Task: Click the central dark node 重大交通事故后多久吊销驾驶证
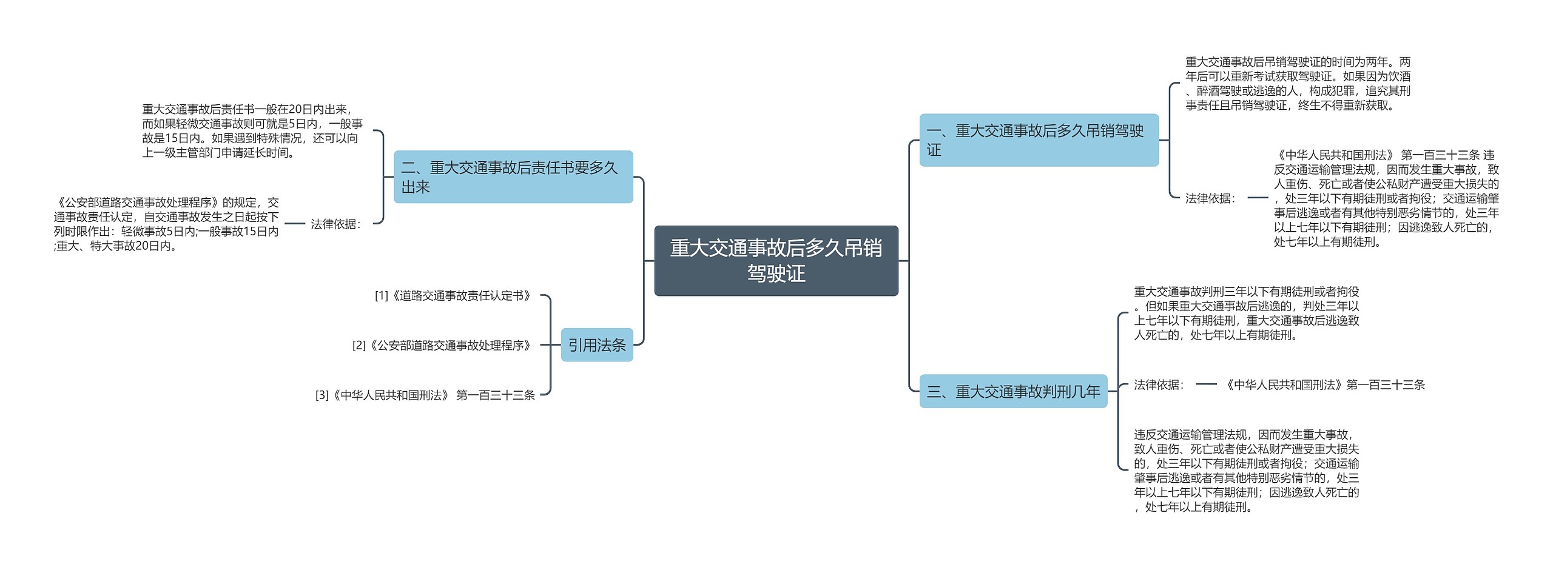(x=776, y=261)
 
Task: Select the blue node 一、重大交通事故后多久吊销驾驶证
(x=1039, y=140)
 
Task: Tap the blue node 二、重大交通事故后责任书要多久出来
(x=513, y=177)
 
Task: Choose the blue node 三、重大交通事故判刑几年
(x=1013, y=392)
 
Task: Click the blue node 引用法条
(x=597, y=345)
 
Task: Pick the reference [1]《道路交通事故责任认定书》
(x=454, y=296)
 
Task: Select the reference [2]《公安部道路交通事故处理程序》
(x=443, y=346)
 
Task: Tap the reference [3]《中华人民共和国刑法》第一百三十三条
(x=425, y=395)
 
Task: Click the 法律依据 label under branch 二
(x=336, y=224)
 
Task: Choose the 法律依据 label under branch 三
(x=1159, y=385)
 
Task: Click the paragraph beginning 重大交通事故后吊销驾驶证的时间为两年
(x=1298, y=84)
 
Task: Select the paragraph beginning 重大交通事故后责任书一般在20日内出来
(x=252, y=131)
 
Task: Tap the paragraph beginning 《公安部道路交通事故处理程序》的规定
(x=166, y=224)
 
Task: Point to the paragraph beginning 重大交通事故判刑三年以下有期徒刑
(x=1247, y=314)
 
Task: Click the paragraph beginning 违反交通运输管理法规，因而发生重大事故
(x=1247, y=471)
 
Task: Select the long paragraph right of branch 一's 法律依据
(x=1386, y=198)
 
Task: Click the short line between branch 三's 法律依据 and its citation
(x=1206, y=384)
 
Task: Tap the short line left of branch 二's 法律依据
(x=295, y=224)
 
